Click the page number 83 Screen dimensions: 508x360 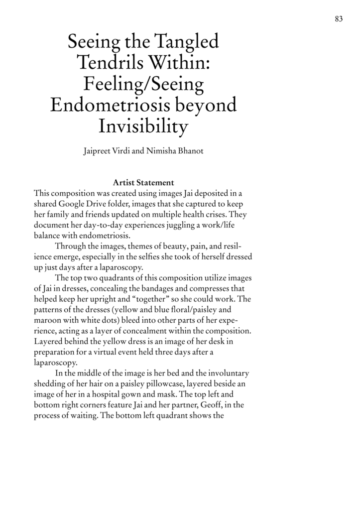point(339,19)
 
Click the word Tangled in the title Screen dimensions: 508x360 point(187,41)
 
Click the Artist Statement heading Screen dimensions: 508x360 point(143,183)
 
